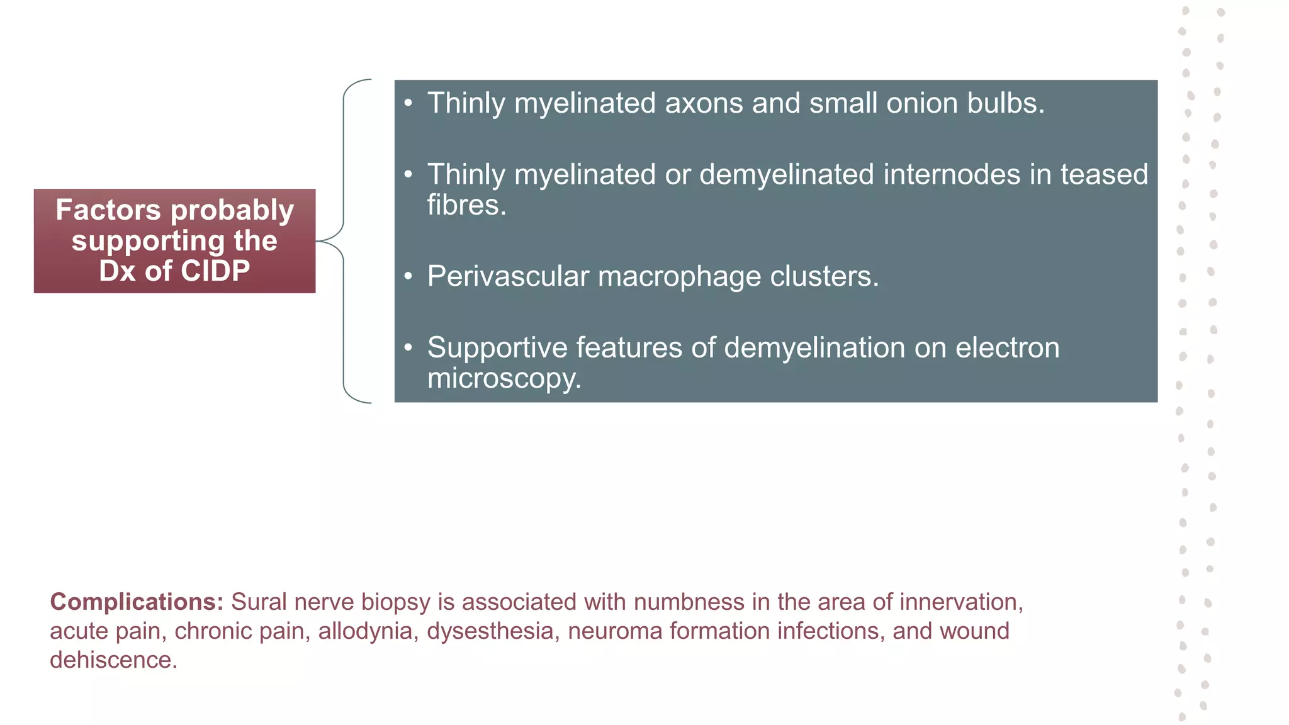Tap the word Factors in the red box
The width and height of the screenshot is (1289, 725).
[x=108, y=210]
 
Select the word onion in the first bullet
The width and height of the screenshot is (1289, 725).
[x=922, y=103]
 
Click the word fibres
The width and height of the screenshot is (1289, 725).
[x=466, y=205]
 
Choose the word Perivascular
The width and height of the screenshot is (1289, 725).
[x=508, y=276]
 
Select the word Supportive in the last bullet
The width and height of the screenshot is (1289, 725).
[x=497, y=348]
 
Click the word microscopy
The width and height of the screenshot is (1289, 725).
[x=504, y=379]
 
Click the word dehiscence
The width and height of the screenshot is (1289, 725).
[x=113, y=660]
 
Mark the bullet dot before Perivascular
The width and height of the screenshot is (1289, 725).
[x=408, y=276]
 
